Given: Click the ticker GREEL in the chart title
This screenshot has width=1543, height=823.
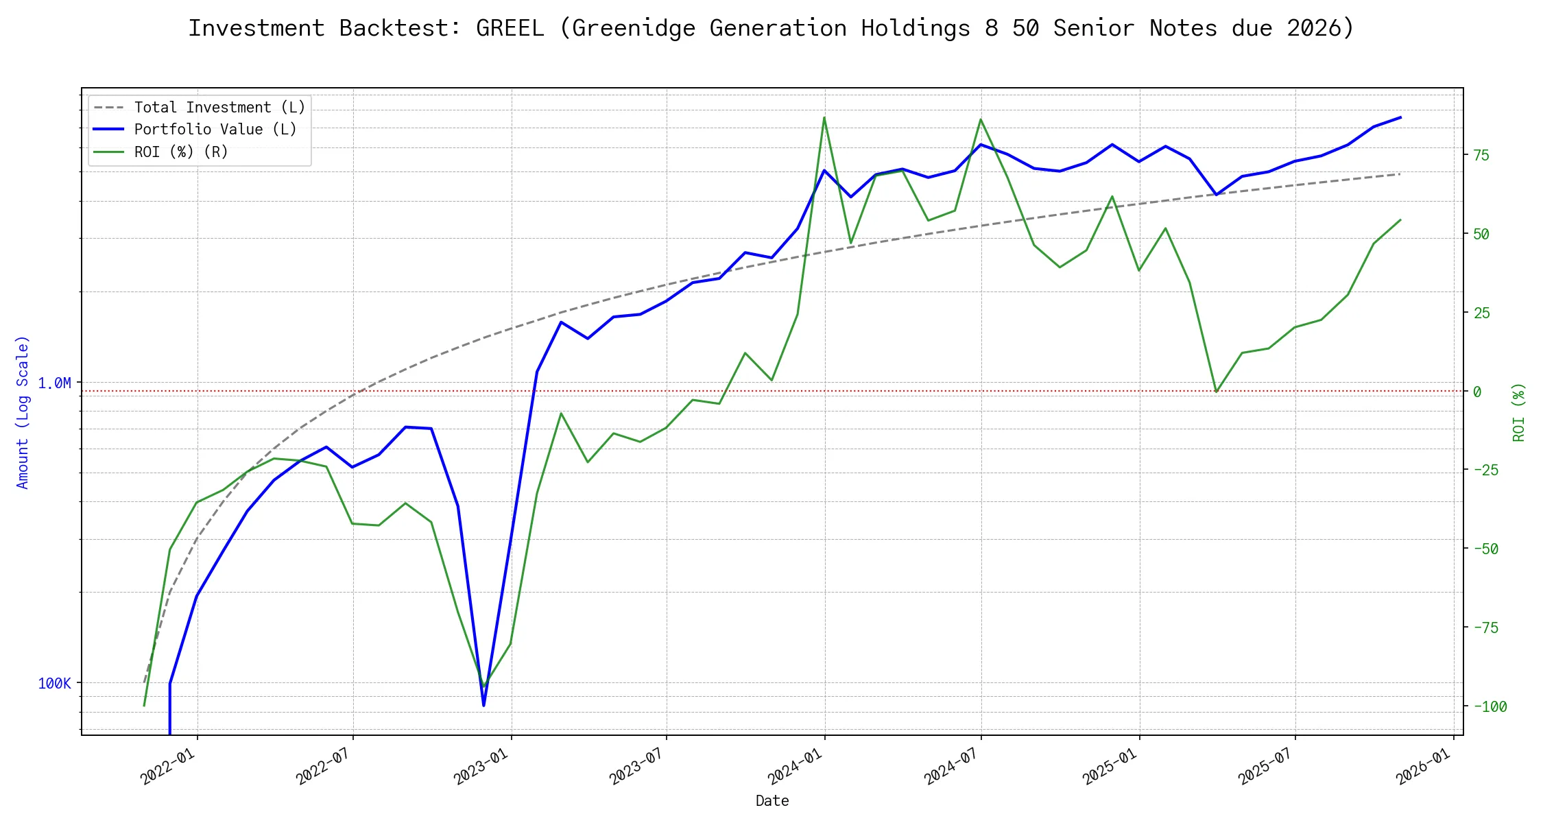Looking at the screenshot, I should [510, 28].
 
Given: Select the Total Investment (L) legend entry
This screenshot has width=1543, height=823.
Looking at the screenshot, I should [219, 108].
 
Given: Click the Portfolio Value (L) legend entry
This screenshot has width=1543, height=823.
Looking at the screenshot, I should [215, 130].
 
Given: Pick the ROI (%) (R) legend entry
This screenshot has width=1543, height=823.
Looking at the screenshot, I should [181, 152].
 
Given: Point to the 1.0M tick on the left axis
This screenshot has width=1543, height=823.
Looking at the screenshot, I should [54, 383].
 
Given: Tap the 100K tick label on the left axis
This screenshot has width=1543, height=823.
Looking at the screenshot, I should [54, 683].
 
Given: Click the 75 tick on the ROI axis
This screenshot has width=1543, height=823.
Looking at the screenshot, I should [1481, 155].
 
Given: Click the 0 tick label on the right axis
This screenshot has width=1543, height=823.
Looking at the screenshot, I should [1477, 392].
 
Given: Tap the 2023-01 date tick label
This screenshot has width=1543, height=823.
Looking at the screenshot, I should [481, 766].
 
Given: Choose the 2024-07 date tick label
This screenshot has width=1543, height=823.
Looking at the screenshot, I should [950, 766].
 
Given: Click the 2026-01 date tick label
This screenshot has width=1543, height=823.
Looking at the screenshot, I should [1423, 766].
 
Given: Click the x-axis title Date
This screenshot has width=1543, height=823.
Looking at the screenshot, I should [772, 800].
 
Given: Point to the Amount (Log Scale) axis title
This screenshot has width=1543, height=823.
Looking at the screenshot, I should [23, 411].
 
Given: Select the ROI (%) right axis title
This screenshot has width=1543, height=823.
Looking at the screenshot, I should [1518, 411].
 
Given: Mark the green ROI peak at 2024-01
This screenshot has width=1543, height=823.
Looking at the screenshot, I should [824, 117].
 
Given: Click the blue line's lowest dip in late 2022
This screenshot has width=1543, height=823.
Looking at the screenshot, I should [483, 705].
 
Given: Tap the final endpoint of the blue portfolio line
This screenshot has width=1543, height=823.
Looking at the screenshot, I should [1400, 117].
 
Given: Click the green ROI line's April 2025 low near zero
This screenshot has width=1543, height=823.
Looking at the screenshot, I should [1217, 392].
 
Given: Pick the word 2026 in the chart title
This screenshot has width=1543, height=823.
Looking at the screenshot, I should [1314, 28].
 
